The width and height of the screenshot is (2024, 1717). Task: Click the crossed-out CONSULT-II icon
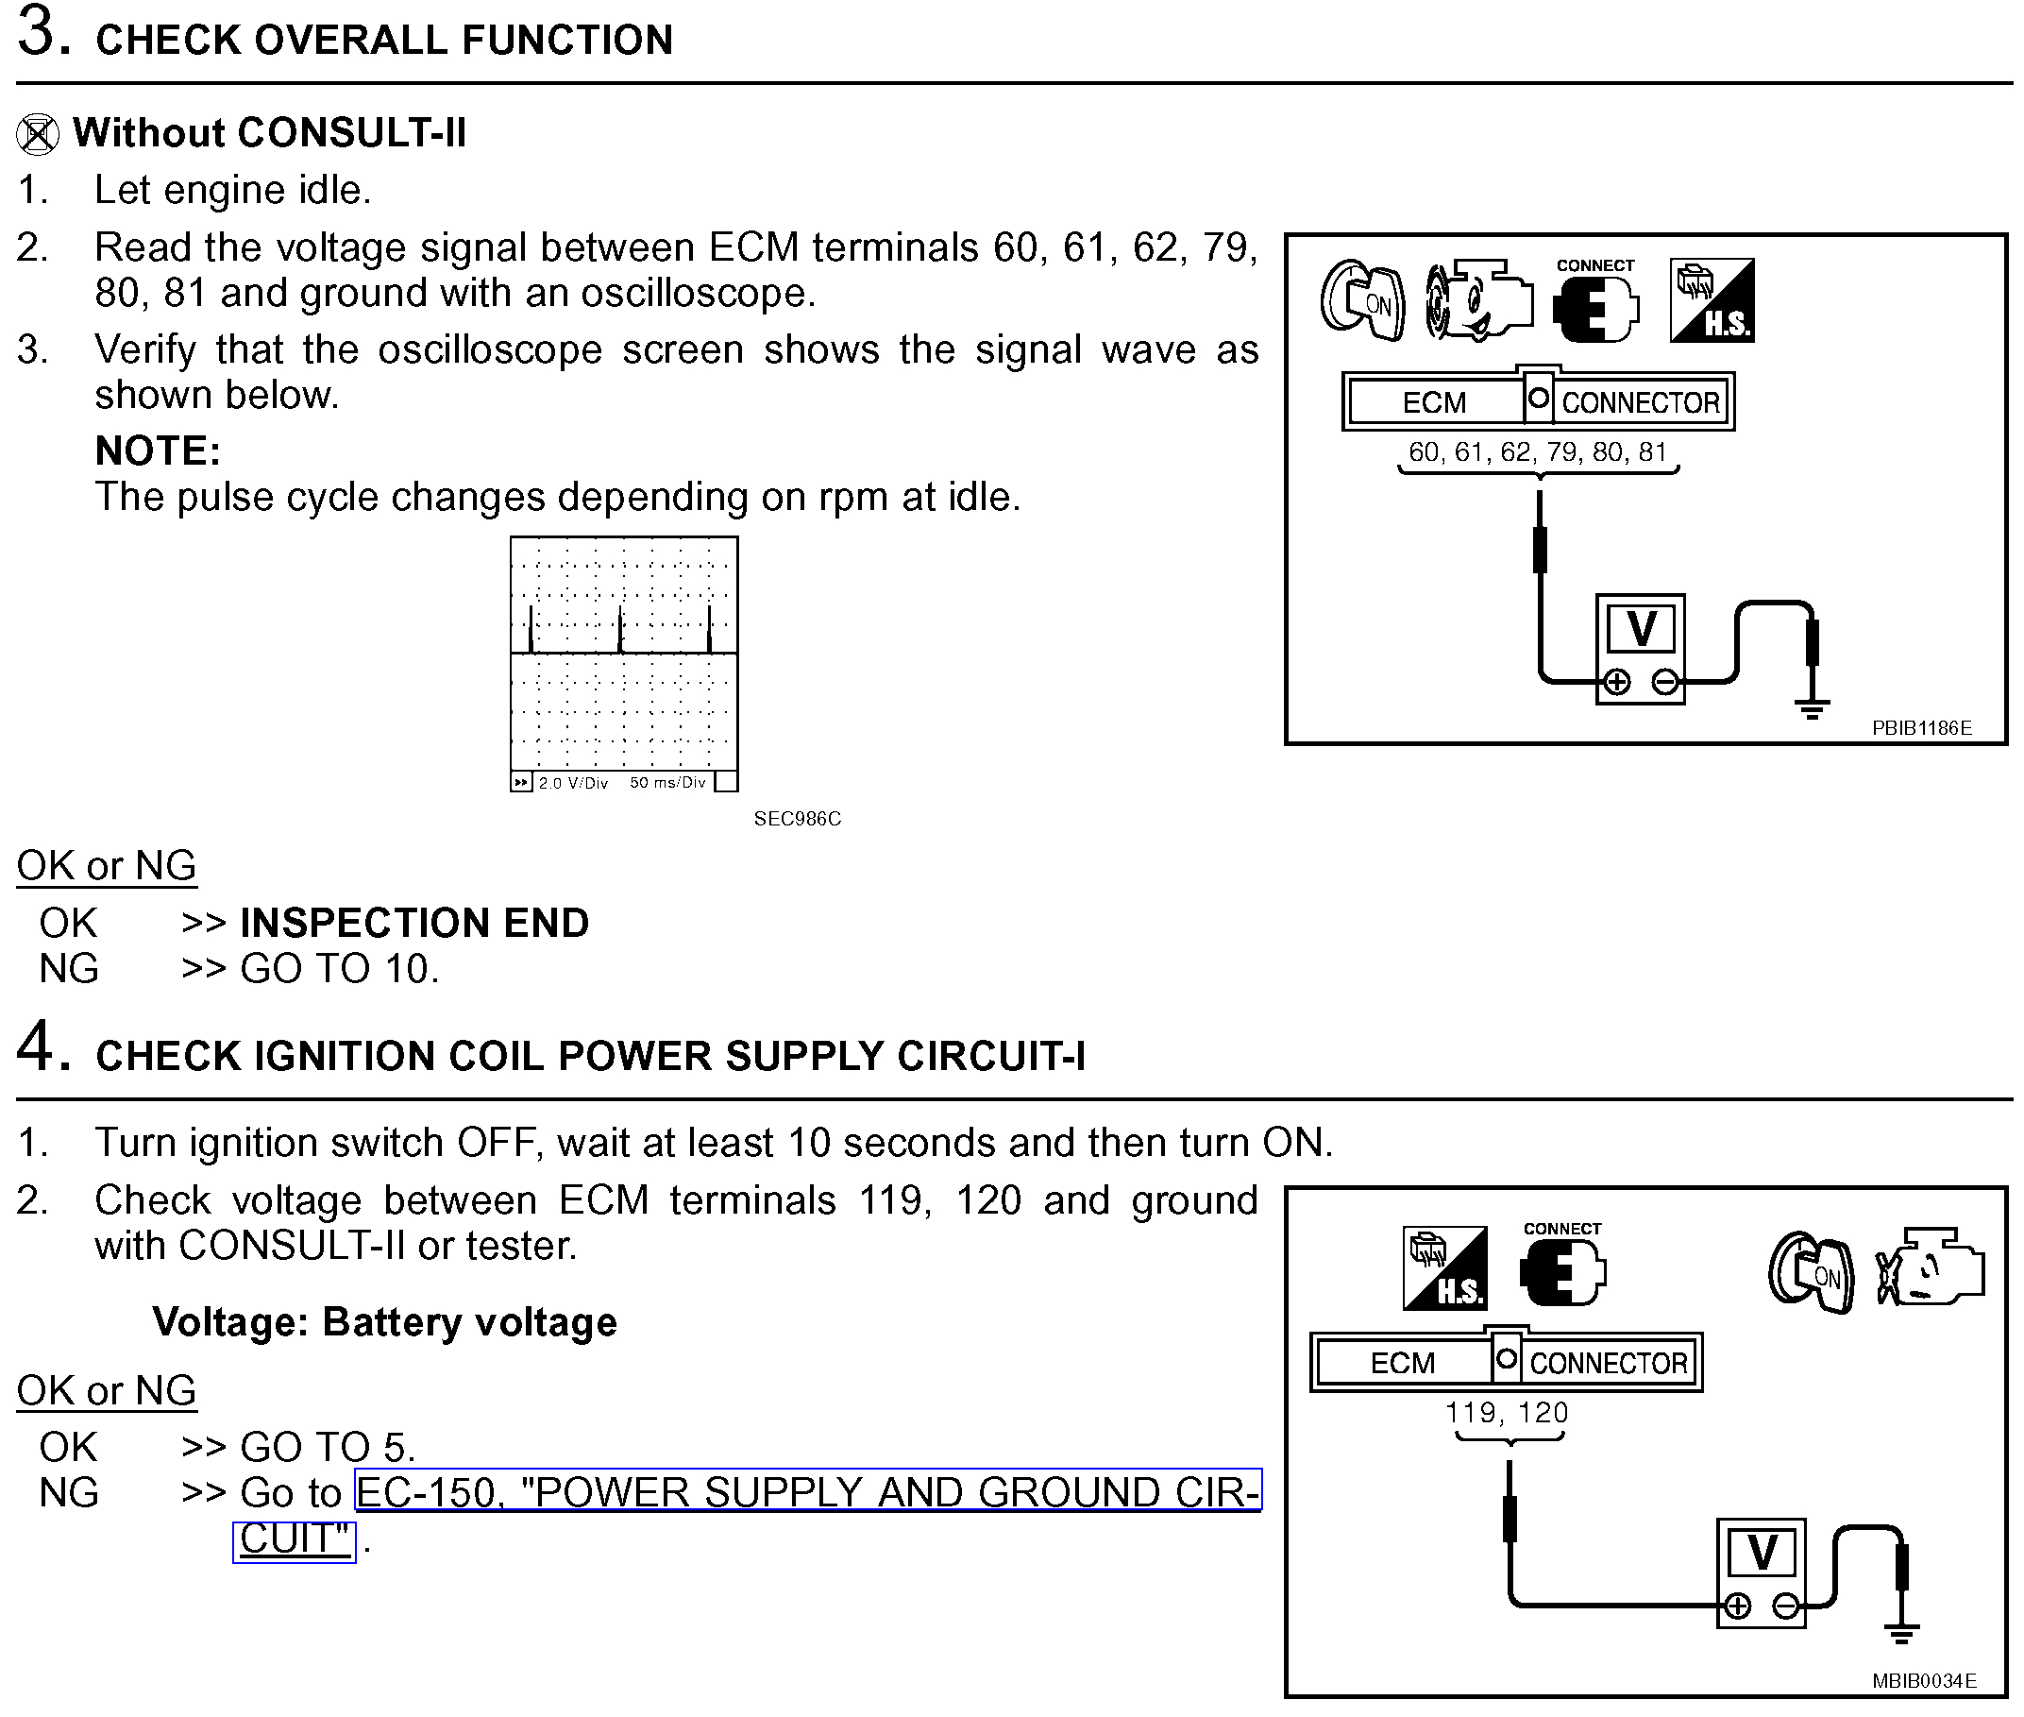(38, 134)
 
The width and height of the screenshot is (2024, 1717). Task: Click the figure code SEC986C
(797, 819)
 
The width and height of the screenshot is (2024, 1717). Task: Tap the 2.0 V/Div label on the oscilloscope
(572, 783)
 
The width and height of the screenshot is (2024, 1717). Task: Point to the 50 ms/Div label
(667, 783)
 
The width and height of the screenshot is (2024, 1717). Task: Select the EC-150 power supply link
(808, 1492)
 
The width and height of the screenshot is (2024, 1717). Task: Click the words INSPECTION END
(414, 923)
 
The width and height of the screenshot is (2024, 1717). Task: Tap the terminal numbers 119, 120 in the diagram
(1507, 1412)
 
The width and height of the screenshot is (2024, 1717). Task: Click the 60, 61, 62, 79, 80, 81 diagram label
(1538, 451)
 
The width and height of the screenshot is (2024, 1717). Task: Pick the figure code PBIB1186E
(1922, 728)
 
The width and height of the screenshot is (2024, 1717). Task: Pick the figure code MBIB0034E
(1924, 1681)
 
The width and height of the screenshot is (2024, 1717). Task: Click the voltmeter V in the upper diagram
(1642, 629)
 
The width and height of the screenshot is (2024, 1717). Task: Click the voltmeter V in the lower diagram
(1763, 1553)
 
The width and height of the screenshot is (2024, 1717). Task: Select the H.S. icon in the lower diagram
(1444, 1267)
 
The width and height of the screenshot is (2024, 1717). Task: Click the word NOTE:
(158, 450)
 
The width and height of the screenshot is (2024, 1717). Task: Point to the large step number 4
(42, 1047)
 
